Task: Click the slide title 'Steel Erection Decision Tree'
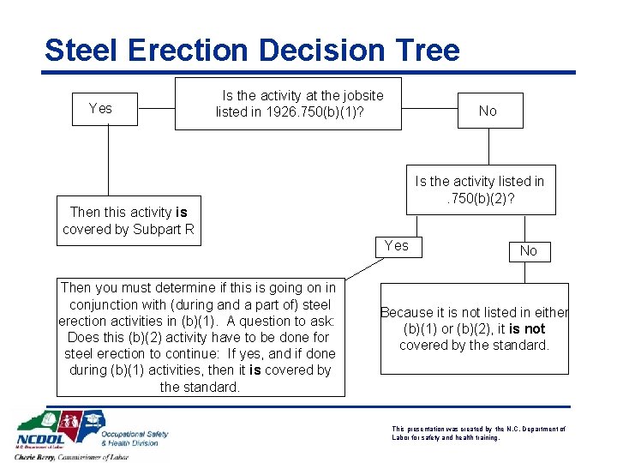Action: point(252,50)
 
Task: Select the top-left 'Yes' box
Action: point(100,109)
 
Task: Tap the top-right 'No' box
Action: point(488,111)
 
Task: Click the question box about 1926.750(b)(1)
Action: point(288,104)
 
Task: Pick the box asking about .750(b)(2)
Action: point(479,189)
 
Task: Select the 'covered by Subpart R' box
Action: point(129,221)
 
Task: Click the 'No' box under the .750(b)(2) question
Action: point(529,250)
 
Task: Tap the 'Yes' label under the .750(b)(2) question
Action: point(397,246)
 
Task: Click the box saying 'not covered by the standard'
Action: point(474,329)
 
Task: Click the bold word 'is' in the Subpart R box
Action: point(181,213)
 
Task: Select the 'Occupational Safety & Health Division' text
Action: point(135,438)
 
